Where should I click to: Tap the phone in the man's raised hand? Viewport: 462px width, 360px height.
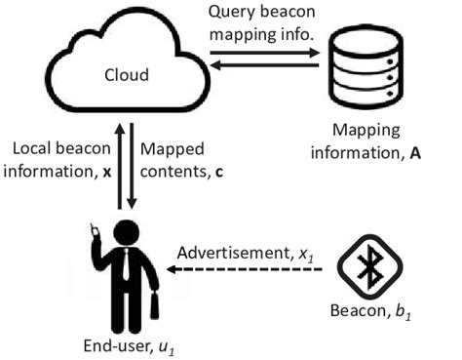coord(96,230)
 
